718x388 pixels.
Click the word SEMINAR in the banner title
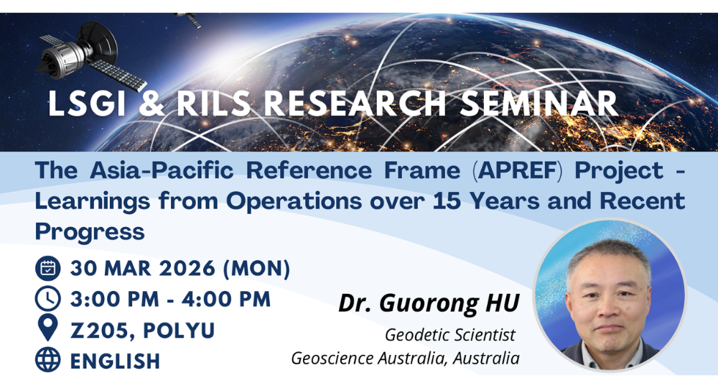(539, 103)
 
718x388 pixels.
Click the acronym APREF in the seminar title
(518, 170)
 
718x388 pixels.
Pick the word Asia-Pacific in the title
(162, 170)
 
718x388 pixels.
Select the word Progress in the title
(90, 232)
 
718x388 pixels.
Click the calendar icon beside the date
(48, 268)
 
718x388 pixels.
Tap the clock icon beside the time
(48, 299)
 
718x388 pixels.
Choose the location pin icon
(47, 328)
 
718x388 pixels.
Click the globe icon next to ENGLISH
(48, 359)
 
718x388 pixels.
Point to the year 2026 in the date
(187, 269)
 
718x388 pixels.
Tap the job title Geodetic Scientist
(450, 335)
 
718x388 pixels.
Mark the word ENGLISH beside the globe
(115, 361)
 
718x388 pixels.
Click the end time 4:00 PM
(226, 300)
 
